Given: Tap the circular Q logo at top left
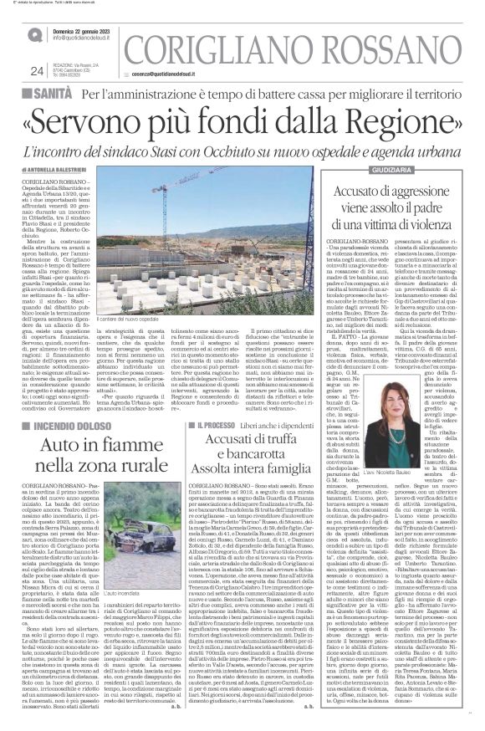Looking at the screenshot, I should (34, 35).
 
